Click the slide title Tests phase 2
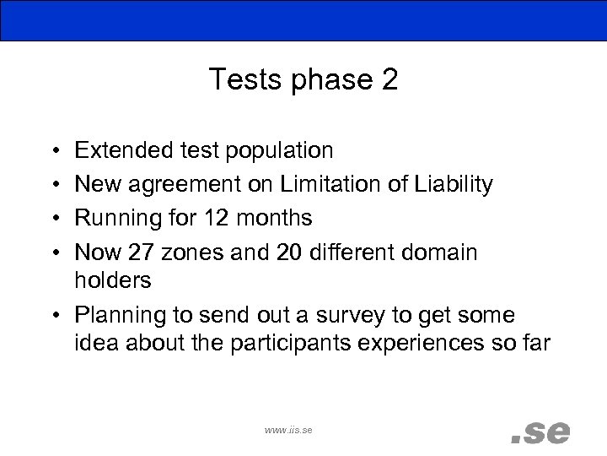[x=303, y=79]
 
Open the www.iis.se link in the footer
[x=287, y=430]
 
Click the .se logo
[x=540, y=431]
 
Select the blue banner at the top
[x=303, y=20]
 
